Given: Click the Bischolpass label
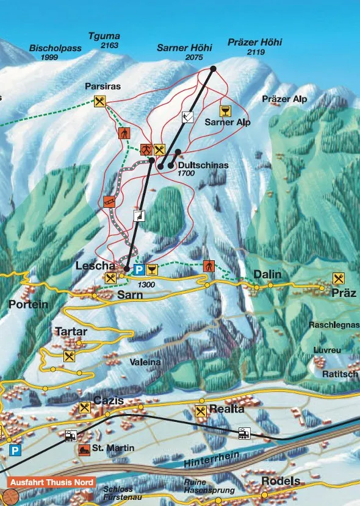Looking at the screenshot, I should (x=55, y=48).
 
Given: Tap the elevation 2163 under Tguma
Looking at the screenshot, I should (x=110, y=46).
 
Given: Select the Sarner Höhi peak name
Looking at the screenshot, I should (x=184, y=48).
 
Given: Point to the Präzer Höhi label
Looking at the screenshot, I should (x=254, y=43).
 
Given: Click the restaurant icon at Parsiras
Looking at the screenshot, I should (x=100, y=101).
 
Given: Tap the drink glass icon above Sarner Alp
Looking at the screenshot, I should (x=226, y=110).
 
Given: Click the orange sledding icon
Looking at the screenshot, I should (x=109, y=202).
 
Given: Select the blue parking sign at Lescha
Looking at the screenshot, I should (x=139, y=269).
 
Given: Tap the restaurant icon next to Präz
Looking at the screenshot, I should (x=339, y=278).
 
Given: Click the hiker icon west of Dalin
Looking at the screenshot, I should (x=209, y=266).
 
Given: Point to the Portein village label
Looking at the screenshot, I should (x=28, y=304).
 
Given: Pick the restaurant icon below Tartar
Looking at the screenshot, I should (x=69, y=356).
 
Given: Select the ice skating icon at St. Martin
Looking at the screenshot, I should (x=82, y=449).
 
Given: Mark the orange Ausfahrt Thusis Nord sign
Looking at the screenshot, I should (x=51, y=482).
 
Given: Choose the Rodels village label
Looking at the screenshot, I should (x=281, y=481).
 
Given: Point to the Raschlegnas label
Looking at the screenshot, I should (x=333, y=325).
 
